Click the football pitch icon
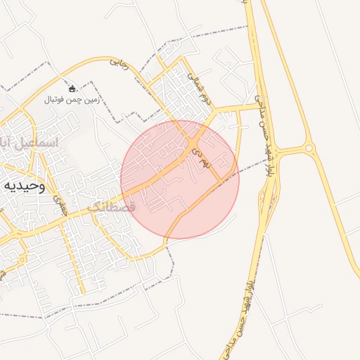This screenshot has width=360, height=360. [x=73, y=89]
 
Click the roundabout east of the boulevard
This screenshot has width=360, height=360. [x=308, y=148]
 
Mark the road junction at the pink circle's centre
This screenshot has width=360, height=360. [x=193, y=145]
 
